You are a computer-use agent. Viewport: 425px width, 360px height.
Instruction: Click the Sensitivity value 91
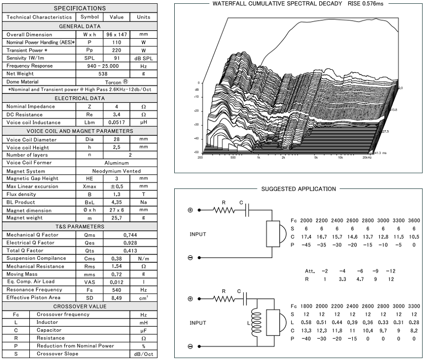pyautogui.click(x=117, y=58)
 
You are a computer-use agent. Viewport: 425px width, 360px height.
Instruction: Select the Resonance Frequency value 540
pyautogui.click(x=117, y=290)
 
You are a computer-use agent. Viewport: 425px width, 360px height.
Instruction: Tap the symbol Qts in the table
pyautogui.click(x=89, y=251)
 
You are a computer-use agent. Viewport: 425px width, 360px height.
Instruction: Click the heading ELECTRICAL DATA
pyautogui.click(x=80, y=98)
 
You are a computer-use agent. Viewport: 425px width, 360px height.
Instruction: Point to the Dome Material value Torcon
pyautogui.click(x=113, y=83)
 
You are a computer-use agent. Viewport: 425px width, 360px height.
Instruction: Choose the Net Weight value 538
pyautogui.click(x=103, y=74)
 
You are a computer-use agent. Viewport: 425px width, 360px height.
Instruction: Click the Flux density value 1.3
pyautogui.click(x=117, y=194)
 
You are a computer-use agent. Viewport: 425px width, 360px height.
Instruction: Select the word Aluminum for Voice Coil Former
pyautogui.click(x=117, y=163)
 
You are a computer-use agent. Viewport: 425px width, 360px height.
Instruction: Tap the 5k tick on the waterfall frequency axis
pyautogui.click(x=316, y=158)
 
